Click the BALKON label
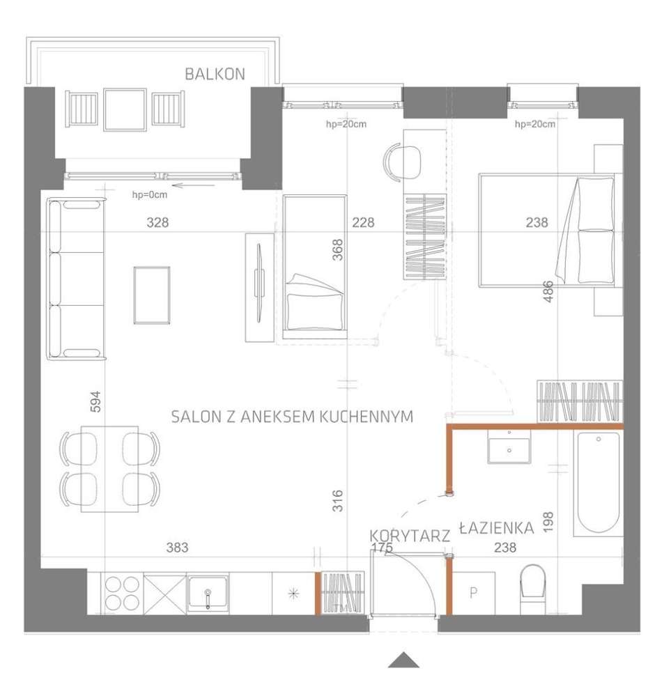click(215, 75)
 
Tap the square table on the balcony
click(125, 109)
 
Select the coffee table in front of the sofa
click(152, 295)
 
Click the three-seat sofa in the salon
click(76, 279)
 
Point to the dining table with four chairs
click(109, 469)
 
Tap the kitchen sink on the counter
click(208, 594)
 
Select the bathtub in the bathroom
click(598, 484)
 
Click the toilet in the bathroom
click(534, 582)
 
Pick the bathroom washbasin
click(509, 447)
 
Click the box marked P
click(473, 594)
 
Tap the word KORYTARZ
click(410, 535)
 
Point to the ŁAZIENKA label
click(496, 528)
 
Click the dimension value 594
click(96, 401)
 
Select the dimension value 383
click(178, 548)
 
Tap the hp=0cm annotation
click(150, 195)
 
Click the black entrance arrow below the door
click(403, 660)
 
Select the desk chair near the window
click(403, 162)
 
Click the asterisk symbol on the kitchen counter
click(293, 594)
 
